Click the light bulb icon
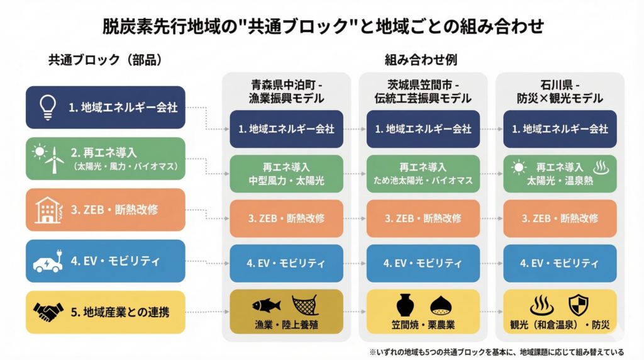pos(48,106)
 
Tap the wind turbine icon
pos(55,160)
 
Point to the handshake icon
pos(48,312)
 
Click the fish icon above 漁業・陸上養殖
pos(266,306)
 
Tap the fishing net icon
pos(305,305)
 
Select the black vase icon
pos(405,306)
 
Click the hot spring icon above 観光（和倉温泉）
pos(541,306)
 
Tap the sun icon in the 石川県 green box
pos(519,167)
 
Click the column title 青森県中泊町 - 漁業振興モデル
pos(286,91)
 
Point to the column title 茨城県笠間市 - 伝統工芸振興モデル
pos(423,91)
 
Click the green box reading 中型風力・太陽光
pos(286,174)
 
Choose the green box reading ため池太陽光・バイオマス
pos(423,174)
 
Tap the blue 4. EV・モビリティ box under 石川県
pos(560,263)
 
